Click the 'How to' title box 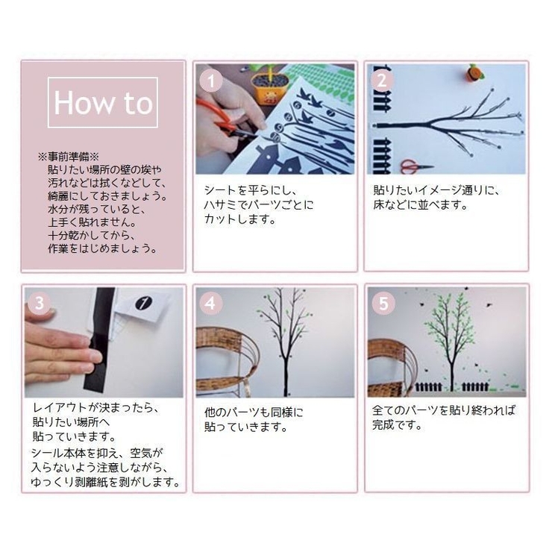103,102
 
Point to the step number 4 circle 211,303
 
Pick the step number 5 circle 383,303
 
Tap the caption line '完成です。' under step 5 398,426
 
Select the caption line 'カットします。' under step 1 240,219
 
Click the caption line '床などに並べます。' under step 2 420,204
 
